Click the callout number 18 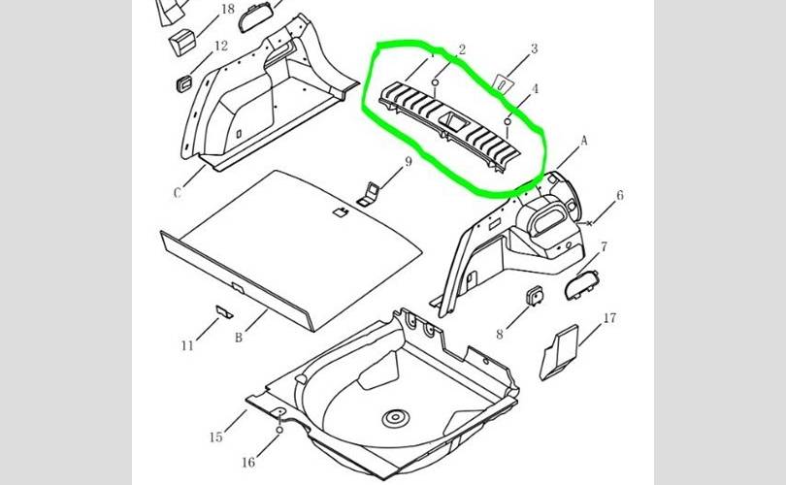click(x=227, y=10)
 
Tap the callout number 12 click(x=221, y=46)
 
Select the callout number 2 click(x=462, y=49)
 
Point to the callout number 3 click(x=533, y=48)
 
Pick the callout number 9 click(x=409, y=162)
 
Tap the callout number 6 click(x=620, y=196)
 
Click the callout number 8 click(x=501, y=335)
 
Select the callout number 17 click(x=610, y=318)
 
